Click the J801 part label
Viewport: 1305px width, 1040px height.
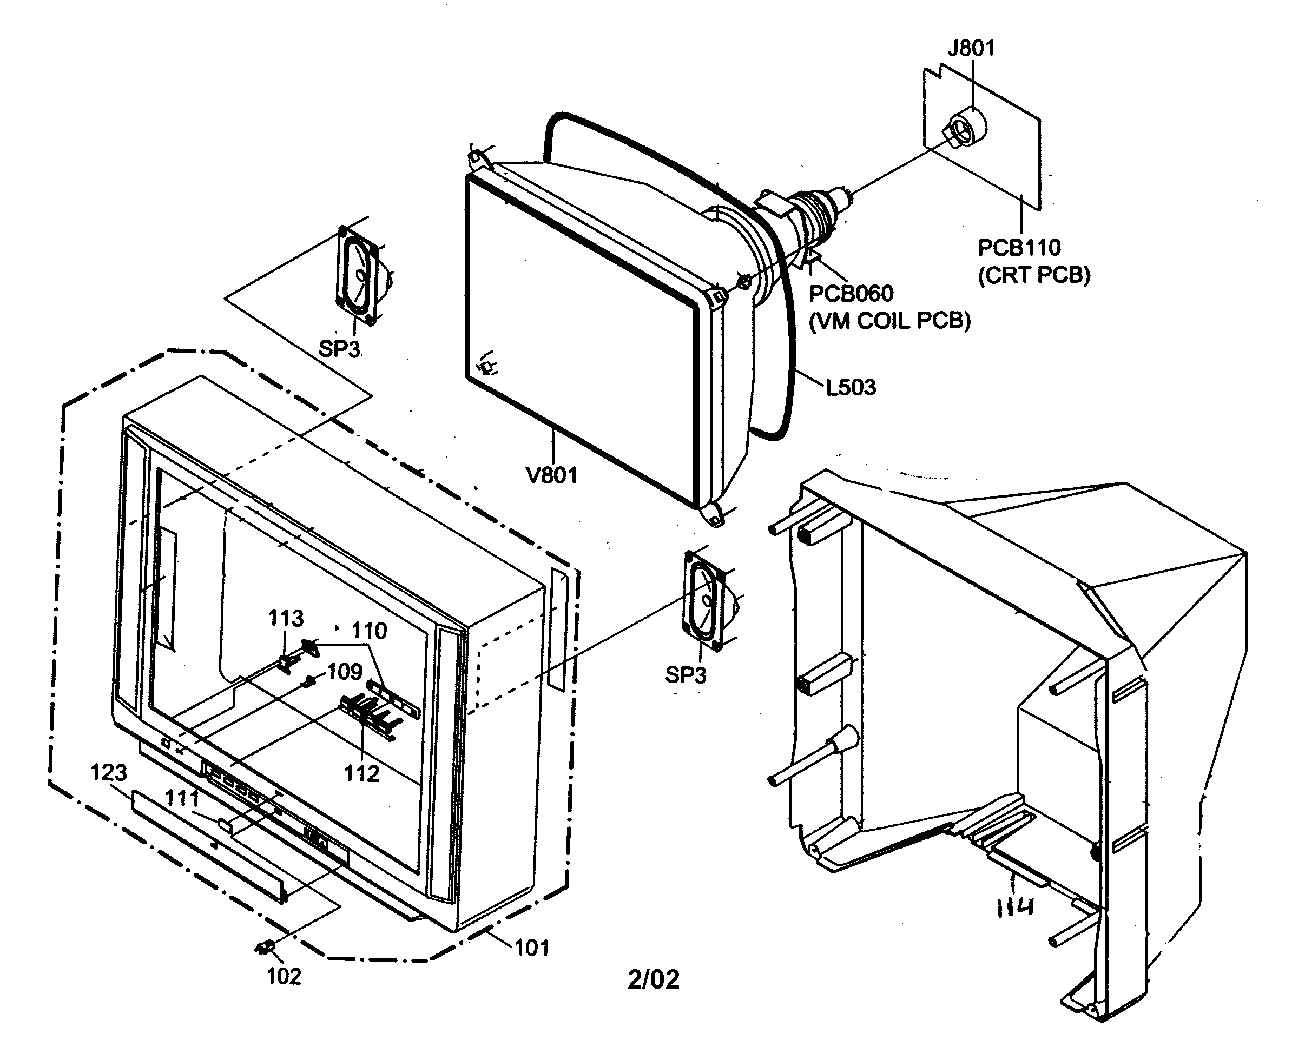[971, 48]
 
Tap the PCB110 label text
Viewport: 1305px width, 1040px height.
[1019, 248]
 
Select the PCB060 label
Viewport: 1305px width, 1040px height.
[851, 294]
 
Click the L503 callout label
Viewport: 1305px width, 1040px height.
[851, 387]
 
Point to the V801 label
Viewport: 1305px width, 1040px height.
[552, 475]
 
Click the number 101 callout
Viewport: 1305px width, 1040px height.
[531, 948]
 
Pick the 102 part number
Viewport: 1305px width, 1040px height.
[284, 977]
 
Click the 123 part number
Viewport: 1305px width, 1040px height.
[109, 773]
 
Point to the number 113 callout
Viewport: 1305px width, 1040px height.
[286, 618]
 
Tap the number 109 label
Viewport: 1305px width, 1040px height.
[345, 672]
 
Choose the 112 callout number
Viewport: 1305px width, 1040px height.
[361, 774]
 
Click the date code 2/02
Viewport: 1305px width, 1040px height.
[653, 979]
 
